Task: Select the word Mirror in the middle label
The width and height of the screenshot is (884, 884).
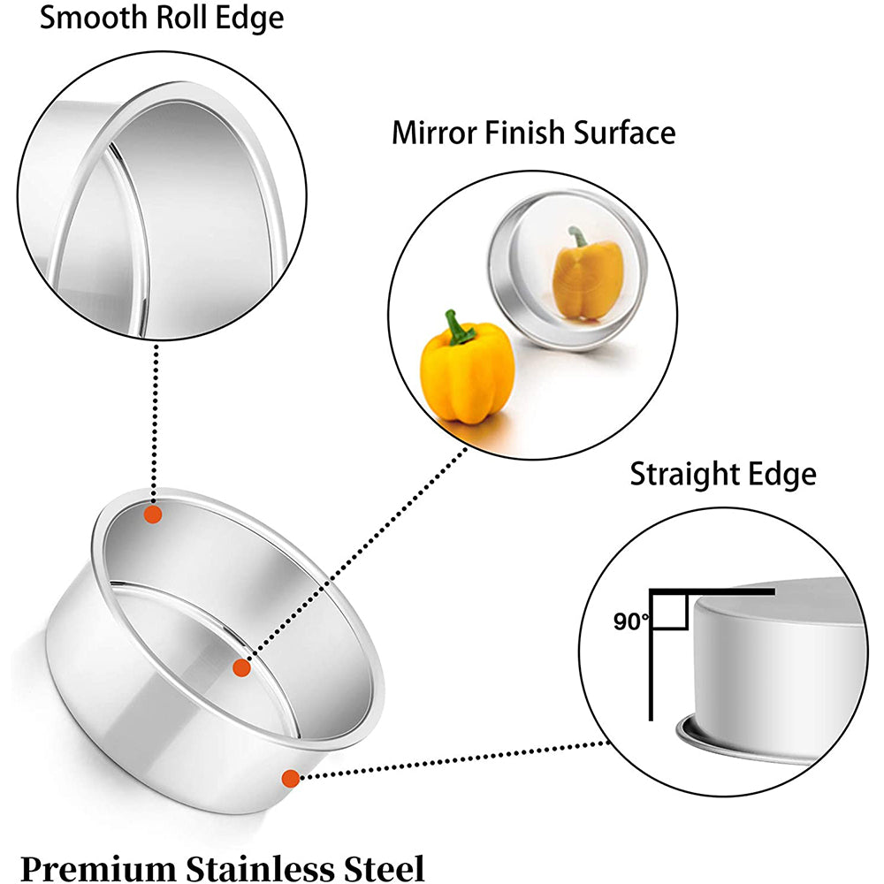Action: coord(434,133)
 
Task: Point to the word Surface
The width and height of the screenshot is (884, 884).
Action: coord(625,133)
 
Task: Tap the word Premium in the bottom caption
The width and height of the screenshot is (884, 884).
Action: coord(98,869)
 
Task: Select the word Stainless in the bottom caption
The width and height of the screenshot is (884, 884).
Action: coord(260,869)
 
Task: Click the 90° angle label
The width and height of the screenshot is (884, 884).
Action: coord(631,621)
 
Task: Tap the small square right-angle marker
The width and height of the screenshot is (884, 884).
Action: coord(670,610)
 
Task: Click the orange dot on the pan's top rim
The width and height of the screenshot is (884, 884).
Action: coord(153,514)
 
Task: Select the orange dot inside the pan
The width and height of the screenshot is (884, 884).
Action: coord(241,668)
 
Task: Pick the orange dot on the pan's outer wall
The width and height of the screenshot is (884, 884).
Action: coord(290,779)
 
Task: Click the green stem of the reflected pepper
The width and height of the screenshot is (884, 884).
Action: coord(578,236)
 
